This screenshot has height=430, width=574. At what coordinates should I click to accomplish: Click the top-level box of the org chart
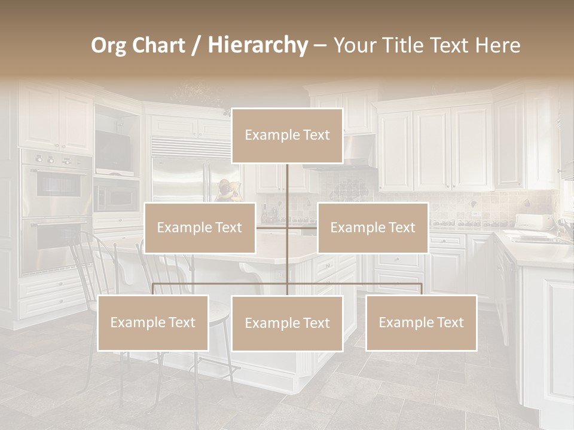tap(287, 136)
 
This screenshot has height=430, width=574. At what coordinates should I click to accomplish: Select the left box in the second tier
tap(200, 228)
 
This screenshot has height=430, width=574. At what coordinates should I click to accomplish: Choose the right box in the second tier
tap(373, 228)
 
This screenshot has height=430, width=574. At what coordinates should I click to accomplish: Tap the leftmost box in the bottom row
tap(153, 322)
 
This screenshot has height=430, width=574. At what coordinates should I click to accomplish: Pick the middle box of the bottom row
tap(287, 323)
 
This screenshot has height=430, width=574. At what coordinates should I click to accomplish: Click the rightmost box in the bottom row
tap(421, 322)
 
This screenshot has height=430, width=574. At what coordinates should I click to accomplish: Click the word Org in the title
tap(110, 45)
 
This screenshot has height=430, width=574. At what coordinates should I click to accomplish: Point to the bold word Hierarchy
tap(258, 45)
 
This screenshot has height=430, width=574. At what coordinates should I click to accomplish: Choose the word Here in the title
tap(497, 45)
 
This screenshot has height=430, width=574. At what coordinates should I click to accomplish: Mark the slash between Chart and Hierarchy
tap(197, 45)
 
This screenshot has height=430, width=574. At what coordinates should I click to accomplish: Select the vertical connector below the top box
tap(287, 185)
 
